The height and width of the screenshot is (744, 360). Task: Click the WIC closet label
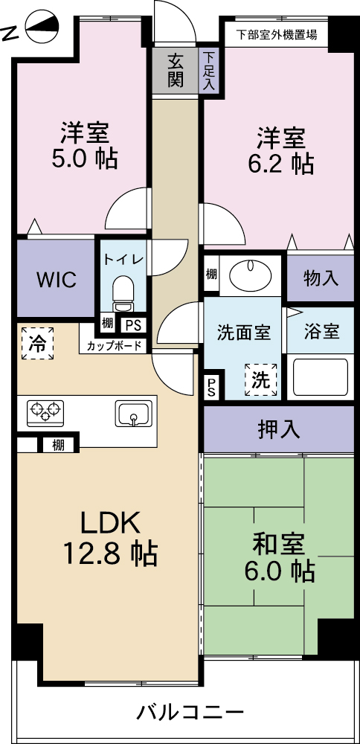(56, 280)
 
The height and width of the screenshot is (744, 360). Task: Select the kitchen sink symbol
(133, 413)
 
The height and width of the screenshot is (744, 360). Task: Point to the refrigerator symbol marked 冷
(37, 343)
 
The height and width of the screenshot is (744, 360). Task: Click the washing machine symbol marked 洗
(261, 379)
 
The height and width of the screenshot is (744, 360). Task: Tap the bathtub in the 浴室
(321, 377)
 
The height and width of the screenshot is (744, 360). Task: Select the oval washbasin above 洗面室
(251, 274)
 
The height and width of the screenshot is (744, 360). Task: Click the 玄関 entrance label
(176, 71)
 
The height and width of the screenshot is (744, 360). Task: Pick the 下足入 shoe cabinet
(209, 71)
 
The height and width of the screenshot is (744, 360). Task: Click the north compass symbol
(42, 27)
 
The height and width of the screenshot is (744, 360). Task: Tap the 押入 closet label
(279, 429)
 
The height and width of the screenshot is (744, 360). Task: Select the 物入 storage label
(321, 278)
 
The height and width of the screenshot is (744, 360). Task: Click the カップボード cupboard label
(114, 346)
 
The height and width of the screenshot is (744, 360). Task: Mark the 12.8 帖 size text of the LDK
(110, 554)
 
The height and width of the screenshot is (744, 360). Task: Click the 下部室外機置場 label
(277, 35)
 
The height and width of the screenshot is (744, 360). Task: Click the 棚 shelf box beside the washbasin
(211, 274)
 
